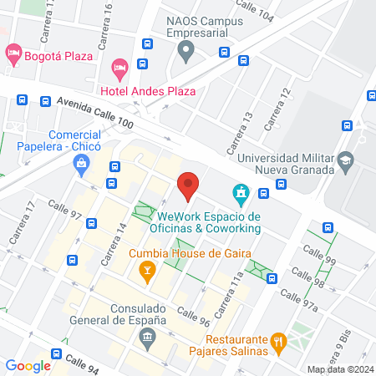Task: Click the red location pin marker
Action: click(x=188, y=185)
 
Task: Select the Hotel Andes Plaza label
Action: click(x=148, y=90)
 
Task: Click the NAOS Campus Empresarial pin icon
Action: click(x=186, y=53)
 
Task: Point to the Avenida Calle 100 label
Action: click(x=95, y=111)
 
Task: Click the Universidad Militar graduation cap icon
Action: click(x=345, y=159)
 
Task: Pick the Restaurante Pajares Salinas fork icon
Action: click(x=279, y=340)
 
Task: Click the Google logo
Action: click(x=28, y=365)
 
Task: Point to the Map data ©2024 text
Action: click(x=339, y=369)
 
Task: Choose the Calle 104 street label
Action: click(x=256, y=15)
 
